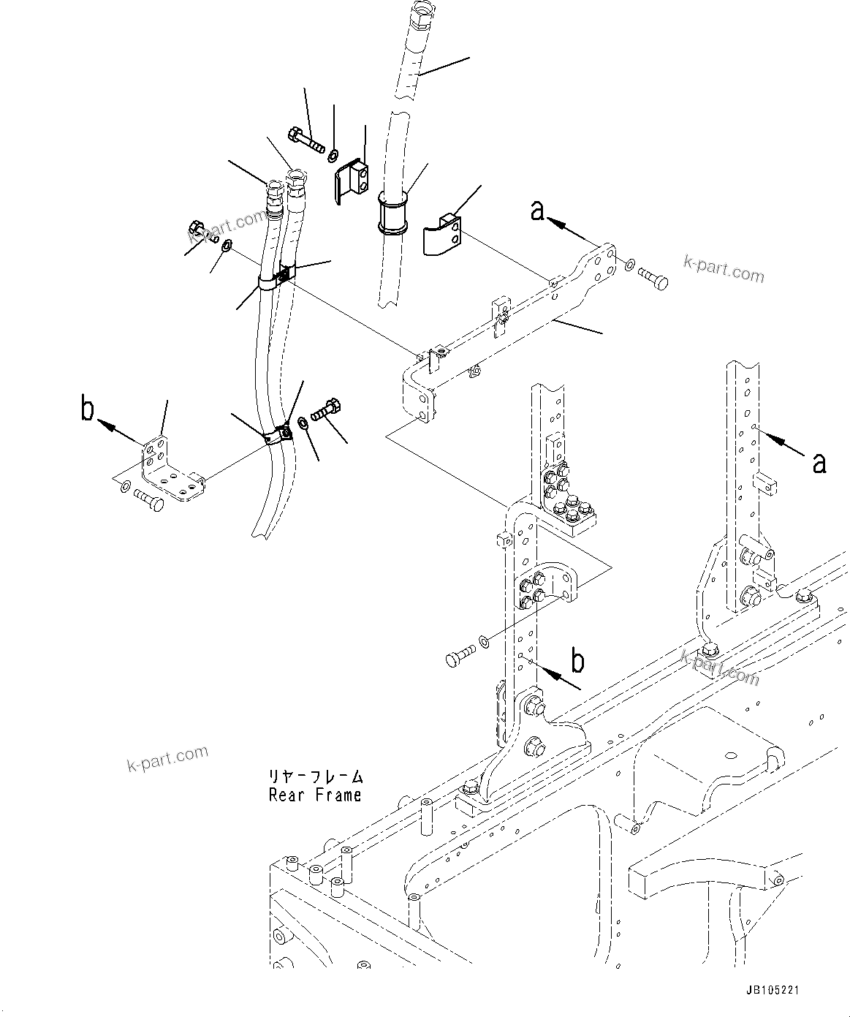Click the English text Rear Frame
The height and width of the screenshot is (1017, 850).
(315, 795)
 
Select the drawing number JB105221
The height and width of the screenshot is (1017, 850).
(773, 990)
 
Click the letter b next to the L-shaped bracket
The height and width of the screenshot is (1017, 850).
(88, 410)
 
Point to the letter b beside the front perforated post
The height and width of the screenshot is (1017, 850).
(577, 661)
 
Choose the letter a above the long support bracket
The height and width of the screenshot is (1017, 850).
(537, 211)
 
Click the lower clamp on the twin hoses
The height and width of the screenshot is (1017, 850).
(278, 436)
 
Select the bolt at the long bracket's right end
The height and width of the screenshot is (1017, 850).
(653, 278)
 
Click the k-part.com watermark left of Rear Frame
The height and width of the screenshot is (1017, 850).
(167, 757)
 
